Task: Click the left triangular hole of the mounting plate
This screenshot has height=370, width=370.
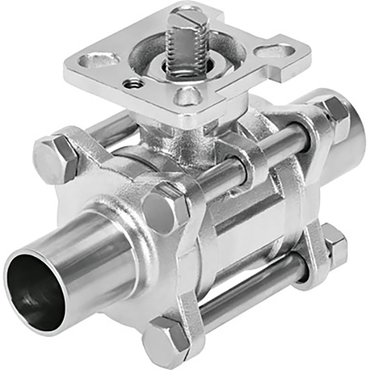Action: click(99, 60)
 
